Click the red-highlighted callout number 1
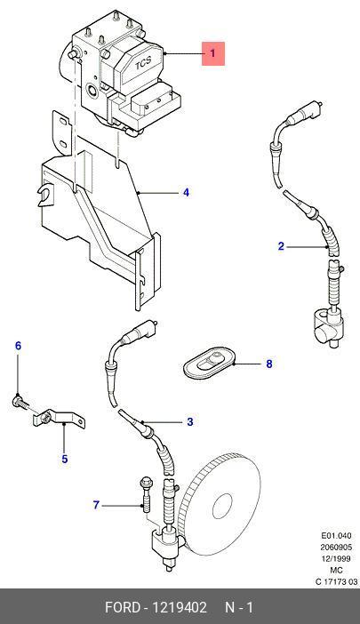click(212, 53)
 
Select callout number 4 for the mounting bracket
click(186, 193)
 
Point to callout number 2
click(281, 246)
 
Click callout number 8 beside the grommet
click(269, 364)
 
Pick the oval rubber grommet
click(209, 362)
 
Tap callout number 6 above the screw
click(18, 346)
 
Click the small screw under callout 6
click(20, 402)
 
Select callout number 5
click(64, 459)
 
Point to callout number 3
click(189, 421)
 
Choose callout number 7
click(96, 505)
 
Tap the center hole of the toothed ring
click(222, 506)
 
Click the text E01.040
click(337, 536)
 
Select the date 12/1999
click(337, 559)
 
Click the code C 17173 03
click(337, 582)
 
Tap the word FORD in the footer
click(123, 608)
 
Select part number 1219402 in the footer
click(180, 608)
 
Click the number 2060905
click(337, 548)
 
